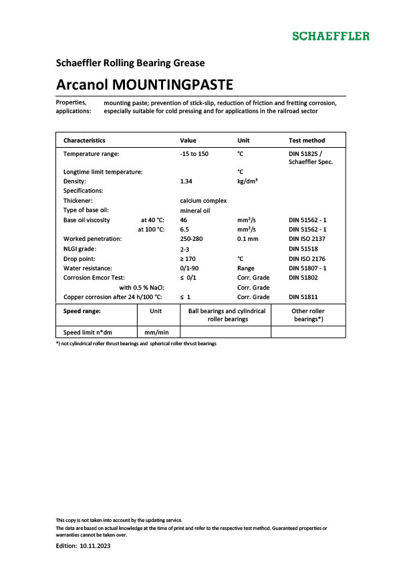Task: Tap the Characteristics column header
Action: pyautogui.click(x=84, y=140)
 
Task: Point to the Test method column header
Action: pyautogui.click(x=307, y=140)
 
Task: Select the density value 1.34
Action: pyautogui.click(x=187, y=181)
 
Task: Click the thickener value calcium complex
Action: pyautogui.click(x=203, y=200)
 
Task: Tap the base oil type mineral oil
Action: pyautogui.click(x=195, y=210)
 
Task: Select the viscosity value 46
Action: pyautogui.click(x=184, y=219)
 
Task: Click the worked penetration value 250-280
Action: pyautogui.click(x=192, y=239)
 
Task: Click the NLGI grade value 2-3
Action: pyautogui.click(x=186, y=248)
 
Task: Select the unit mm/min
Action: pyautogui.click(x=158, y=331)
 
